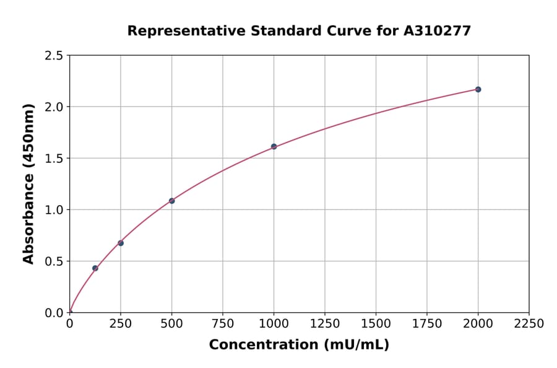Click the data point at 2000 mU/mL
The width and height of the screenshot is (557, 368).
pos(478,89)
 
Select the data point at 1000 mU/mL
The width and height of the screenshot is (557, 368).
pos(274,147)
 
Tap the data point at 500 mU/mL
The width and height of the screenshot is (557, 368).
pos(171,201)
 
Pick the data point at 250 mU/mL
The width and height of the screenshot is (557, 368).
pos(121,243)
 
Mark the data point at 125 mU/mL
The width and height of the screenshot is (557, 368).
pos(95,268)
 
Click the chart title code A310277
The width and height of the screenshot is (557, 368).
pos(438,30)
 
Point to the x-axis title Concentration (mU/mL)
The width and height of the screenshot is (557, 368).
pos(299,345)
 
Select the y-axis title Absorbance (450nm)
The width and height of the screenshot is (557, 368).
pos(28,183)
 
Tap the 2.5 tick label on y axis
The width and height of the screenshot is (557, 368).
pos(54,56)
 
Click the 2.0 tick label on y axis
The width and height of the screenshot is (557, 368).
pos(54,107)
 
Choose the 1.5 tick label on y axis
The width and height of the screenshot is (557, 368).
pos(54,159)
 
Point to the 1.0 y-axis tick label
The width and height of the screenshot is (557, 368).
pos(54,210)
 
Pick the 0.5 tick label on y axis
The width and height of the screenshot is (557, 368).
pos(54,261)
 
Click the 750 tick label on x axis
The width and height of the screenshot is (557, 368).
pos(223,324)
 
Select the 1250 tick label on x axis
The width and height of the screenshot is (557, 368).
pos(325,324)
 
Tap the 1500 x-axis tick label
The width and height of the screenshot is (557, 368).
pos(376,324)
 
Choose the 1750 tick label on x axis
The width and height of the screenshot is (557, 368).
pos(427,324)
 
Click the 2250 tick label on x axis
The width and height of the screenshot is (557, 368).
pos(529,324)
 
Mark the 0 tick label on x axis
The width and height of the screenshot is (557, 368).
pos(69,324)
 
